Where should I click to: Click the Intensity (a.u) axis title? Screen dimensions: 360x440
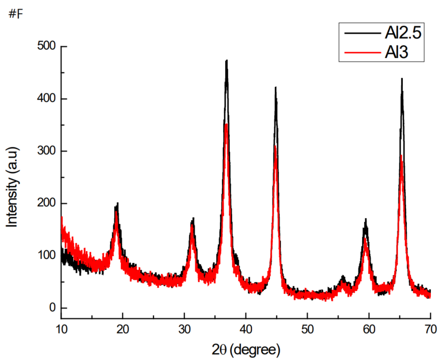click(x=13, y=186)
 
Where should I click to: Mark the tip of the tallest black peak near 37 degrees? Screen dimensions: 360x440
click(x=226, y=61)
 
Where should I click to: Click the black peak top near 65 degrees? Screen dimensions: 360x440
click(x=402, y=79)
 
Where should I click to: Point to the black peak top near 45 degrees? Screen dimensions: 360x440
click(x=275, y=87)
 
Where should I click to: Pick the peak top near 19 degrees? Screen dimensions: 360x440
click(x=117, y=204)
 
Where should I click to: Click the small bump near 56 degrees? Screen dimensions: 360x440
click(x=343, y=277)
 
